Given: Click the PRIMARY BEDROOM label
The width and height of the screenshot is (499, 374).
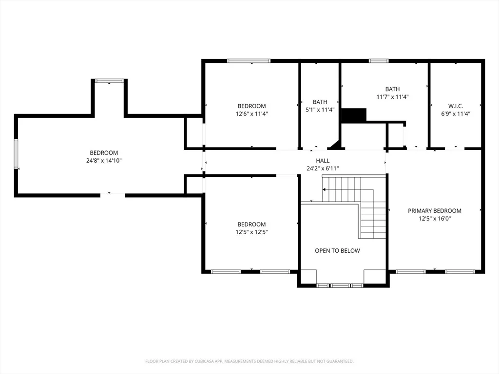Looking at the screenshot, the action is point(434,210).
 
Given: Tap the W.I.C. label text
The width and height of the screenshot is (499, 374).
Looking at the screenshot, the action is point(456,106).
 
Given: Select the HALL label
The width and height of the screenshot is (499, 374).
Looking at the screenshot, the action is point(323,161).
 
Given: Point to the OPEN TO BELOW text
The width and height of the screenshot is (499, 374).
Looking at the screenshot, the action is point(337,251).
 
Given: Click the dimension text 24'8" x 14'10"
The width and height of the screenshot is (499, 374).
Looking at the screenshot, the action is point(104,161).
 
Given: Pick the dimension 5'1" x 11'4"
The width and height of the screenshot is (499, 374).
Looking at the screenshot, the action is point(320,110).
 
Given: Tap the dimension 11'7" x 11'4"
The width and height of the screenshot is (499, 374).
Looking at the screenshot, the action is point(392,97).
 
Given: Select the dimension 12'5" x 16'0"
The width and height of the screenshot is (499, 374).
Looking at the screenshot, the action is point(435,219).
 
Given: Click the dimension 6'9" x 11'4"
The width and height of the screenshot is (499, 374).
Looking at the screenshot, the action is point(456,113).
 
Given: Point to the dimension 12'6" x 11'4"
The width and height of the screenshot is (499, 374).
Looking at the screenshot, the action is point(252,113).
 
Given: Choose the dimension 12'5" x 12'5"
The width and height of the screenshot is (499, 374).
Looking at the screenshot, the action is point(251,232).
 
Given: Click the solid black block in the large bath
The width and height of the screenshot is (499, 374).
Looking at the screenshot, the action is point(354,115).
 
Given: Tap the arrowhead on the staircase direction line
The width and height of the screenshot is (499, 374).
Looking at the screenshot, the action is point(324,189).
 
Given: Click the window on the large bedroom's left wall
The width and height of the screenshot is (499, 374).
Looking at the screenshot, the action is point(16,154).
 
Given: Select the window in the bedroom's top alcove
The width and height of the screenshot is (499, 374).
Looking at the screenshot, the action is point(109,81).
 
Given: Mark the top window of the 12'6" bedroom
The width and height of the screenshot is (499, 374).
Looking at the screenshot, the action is point(249,61).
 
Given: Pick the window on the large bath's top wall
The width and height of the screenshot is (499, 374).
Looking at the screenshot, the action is point(379,61).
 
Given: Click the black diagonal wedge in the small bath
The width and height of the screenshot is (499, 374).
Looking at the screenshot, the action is point(335,145).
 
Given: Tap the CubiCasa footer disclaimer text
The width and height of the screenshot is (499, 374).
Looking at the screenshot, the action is point(249,361).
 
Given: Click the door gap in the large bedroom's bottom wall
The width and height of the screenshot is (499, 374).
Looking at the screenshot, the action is point(113,195).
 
